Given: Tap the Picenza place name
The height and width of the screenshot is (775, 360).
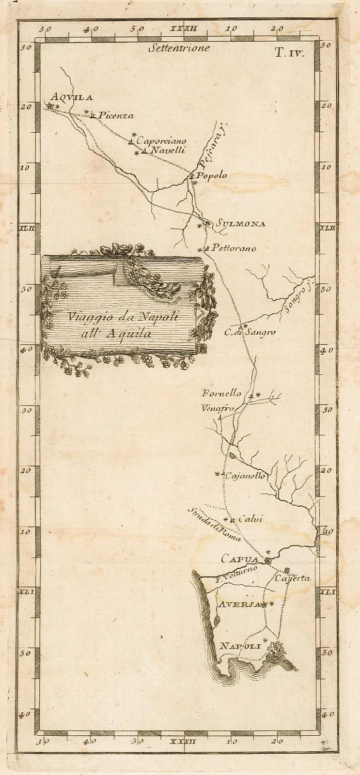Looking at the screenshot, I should tap(115, 116).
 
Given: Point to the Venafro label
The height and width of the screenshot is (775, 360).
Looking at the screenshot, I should tap(218, 408).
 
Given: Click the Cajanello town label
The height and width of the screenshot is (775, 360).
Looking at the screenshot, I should tap(245, 476).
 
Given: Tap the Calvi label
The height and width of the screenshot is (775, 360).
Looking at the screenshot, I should tap(250, 519).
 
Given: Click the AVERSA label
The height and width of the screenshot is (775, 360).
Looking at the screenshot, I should tap(239, 604).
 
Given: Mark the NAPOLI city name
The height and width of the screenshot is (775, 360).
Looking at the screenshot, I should tap(240, 646).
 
